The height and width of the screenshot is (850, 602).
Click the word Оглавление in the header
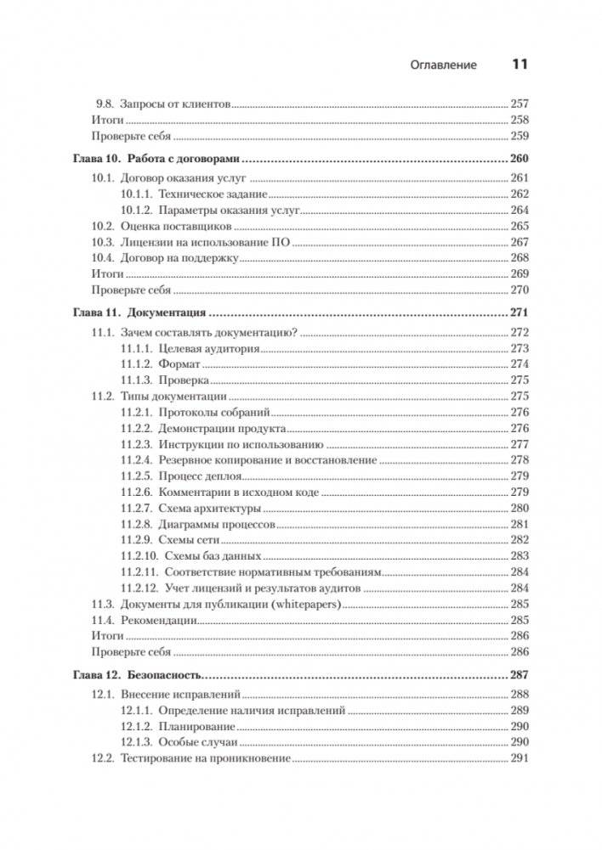443,65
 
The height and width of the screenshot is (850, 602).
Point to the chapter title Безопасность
166,675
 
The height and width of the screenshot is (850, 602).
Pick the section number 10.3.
102,243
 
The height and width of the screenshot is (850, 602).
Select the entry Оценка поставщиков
177,227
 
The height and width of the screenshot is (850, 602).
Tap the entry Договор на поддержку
182,258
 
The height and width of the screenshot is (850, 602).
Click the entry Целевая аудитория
208,348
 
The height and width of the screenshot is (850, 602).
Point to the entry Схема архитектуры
209,509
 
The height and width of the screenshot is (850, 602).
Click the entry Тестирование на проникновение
206,758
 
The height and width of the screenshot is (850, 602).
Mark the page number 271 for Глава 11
519,312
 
